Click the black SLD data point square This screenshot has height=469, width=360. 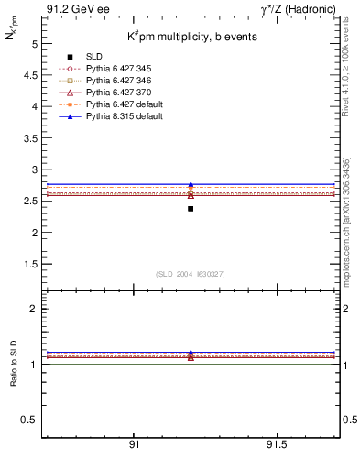click(191, 209)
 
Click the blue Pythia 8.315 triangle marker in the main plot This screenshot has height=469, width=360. click(191, 185)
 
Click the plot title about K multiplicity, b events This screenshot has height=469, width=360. click(191, 36)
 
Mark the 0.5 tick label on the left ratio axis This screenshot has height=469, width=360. click(30, 420)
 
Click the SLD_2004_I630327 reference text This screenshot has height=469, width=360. click(191, 274)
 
